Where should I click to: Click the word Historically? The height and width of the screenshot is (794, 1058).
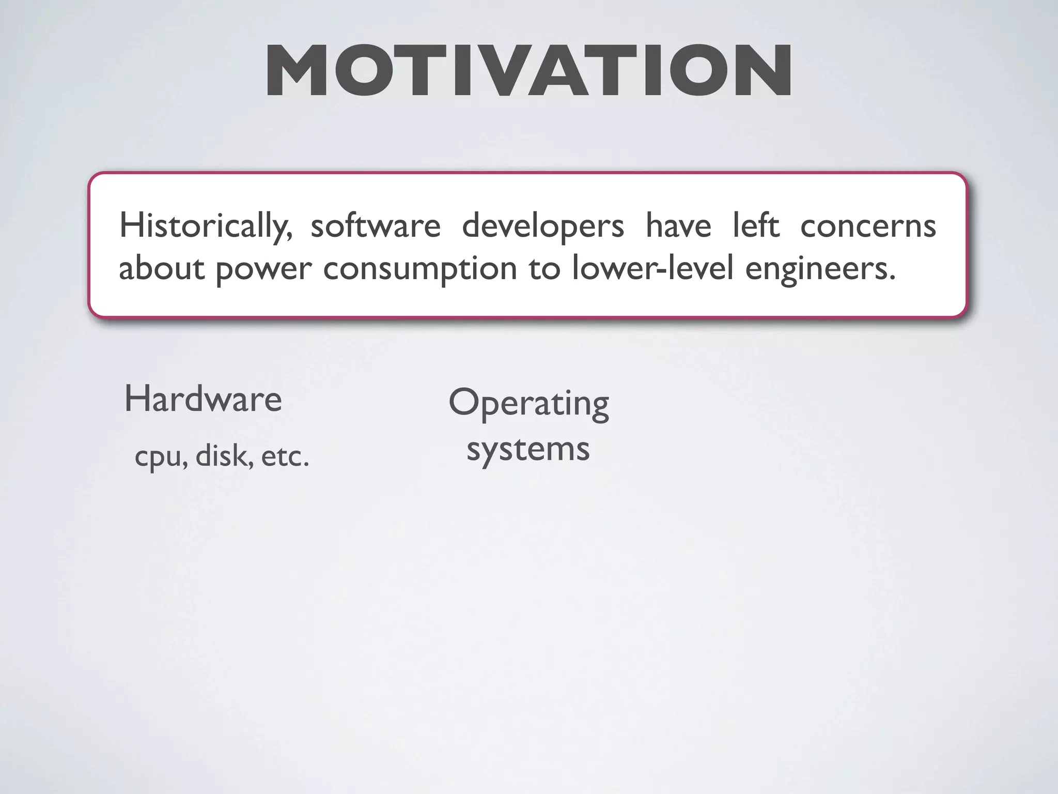coord(206,226)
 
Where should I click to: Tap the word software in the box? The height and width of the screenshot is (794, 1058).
coord(376,226)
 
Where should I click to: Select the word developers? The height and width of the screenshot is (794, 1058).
coord(543,226)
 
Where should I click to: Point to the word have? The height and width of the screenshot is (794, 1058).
coord(678,226)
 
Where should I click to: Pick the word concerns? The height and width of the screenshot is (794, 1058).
coord(868,226)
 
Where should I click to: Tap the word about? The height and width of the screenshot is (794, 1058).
coord(162,268)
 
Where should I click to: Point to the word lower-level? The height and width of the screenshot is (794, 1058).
coord(652,268)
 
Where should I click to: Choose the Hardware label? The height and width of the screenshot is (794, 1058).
coord(203,400)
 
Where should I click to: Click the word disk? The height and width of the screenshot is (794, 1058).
coord(224,456)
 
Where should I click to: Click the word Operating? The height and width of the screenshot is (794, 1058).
coord(528,404)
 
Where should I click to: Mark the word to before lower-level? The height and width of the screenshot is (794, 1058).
coord(544,268)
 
